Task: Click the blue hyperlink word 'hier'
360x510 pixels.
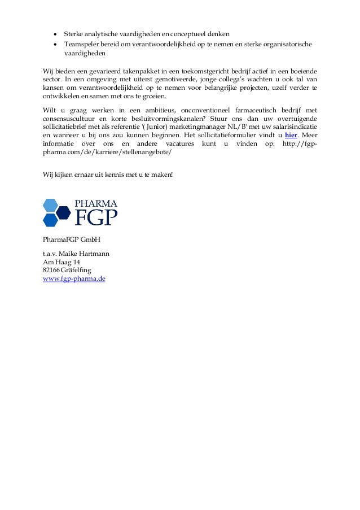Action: coord(291,136)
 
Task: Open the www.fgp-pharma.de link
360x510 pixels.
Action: coord(74,279)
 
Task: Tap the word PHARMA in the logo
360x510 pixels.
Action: coord(96,203)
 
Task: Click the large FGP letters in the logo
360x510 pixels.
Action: coord(96,217)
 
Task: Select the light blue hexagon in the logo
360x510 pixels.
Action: coord(50,205)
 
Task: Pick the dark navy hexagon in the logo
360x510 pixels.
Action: coord(63,213)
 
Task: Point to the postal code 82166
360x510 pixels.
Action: coord(51,271)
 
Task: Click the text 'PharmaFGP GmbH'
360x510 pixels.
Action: coord(72,239)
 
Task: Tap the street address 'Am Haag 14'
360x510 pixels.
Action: coord(62,263)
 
